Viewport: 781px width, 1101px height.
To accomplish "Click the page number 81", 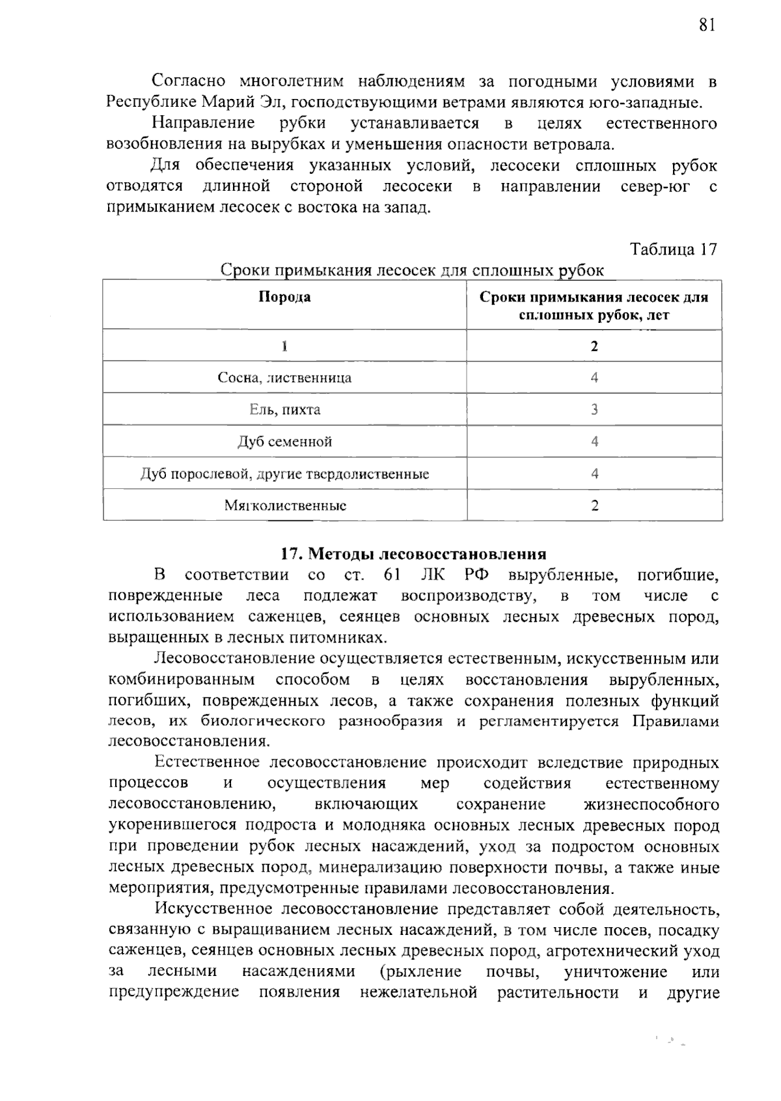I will click(x=707, y=25).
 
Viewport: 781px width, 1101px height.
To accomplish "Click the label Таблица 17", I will click(x=674, y=249).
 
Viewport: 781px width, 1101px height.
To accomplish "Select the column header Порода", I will click(x=284, y=297).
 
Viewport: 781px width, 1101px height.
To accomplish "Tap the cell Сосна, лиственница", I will click(x=284, y=378).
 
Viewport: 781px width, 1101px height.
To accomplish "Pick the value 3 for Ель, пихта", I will click(x=594, y=410).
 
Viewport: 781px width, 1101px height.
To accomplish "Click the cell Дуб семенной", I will click(x=284, y=441).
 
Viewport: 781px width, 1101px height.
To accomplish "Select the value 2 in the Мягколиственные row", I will click(x=594, y=505).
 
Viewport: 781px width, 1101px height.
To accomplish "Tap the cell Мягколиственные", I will click(x=284, y=505).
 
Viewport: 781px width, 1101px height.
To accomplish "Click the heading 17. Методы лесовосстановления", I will click(x=413, y=554).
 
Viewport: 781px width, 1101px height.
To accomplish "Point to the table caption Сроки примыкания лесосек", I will click(x=412, y=270).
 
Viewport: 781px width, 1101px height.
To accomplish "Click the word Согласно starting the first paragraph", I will click(x=189, y=81).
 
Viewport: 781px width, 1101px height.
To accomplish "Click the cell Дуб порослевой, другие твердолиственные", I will click(x=284, y=474).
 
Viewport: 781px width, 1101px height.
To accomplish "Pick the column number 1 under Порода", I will click(x=284, y=346).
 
